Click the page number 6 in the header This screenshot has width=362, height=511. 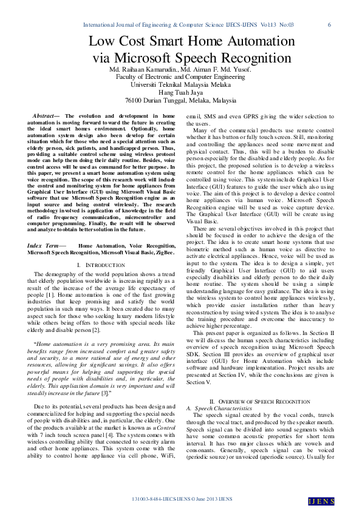pyautogui.click(x=329, y=25)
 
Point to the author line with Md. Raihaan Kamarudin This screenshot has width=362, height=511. pyautogui.click(x=180, y=70)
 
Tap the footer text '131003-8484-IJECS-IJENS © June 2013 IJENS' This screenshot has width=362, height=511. pyautogui.click(x=182, y=499)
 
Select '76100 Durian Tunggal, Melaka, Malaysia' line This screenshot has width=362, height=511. pyautogui.click(x=180, y=100)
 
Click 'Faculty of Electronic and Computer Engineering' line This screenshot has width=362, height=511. pyautogui.click(x=180, y=78)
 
